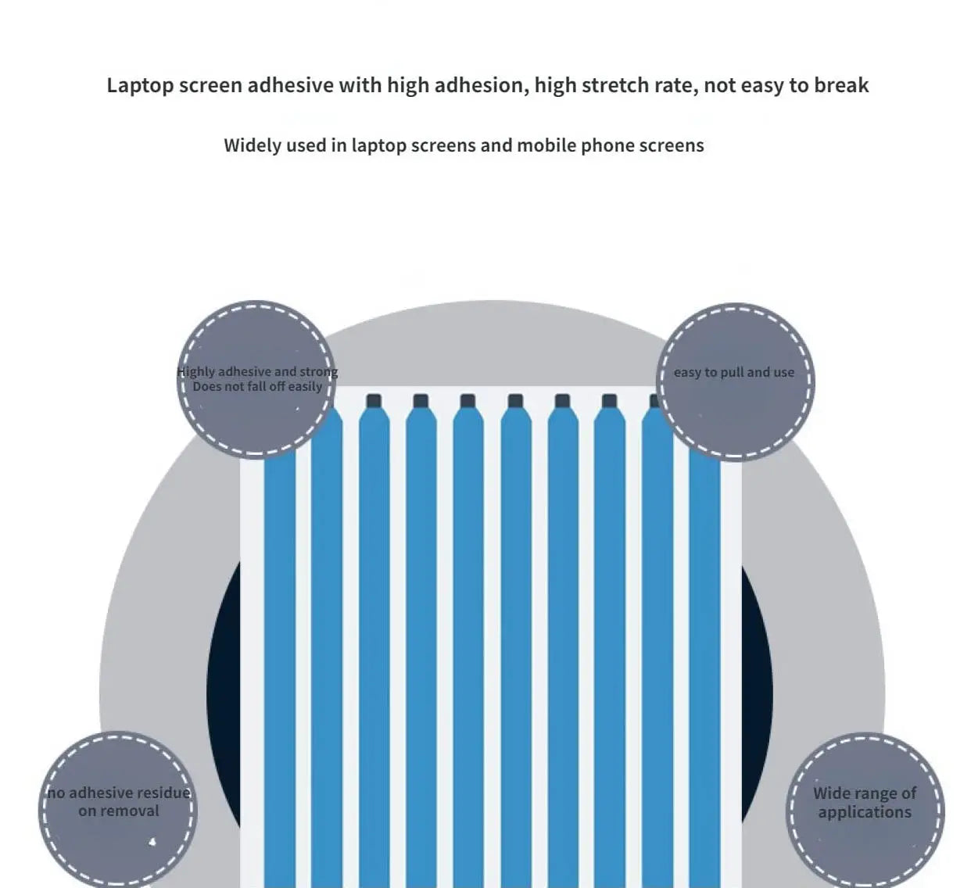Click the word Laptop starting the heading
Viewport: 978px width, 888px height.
(139, 85)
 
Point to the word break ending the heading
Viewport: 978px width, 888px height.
(841, 85)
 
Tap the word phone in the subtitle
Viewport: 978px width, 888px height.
(607, 145)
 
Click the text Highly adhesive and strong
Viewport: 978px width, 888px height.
(257, 371)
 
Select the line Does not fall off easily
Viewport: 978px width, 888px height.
(257, 386)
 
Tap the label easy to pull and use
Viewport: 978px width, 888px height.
(733, 372)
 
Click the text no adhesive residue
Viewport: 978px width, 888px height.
(119, 793)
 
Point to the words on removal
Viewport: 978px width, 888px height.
(119, 811)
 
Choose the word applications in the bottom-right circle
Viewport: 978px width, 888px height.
(865, 812)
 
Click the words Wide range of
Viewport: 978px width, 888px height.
(865, 793)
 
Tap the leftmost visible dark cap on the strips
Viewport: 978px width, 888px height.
(373, 401)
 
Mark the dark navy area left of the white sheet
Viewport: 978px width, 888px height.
(224, 688)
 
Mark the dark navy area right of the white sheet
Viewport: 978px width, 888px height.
(757, 688)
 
